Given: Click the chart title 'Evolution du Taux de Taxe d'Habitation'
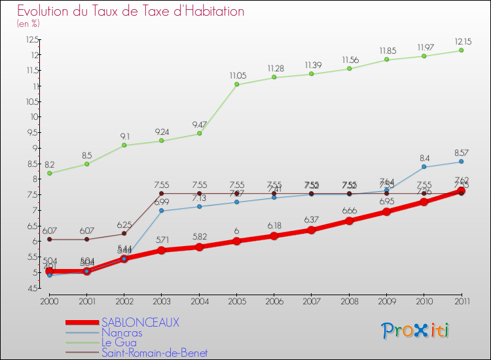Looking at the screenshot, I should point(131,11).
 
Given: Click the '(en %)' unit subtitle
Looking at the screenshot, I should point(28,24).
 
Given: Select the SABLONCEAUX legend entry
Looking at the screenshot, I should point(140,323).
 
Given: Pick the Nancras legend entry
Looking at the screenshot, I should point(122,333).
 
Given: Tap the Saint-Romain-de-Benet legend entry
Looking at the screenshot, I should point(155,353).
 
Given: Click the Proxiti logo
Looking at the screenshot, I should point(416,331).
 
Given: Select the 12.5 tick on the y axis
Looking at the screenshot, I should point(32,39).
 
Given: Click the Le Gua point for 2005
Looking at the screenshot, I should point(236,84).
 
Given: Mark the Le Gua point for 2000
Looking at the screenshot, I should point(49,173).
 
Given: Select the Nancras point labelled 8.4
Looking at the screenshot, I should point(424,167).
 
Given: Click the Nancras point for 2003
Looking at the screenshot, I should point(161,211).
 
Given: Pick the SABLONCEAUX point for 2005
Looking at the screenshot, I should point(236,242).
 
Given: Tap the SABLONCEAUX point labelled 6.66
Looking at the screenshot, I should point(349,221).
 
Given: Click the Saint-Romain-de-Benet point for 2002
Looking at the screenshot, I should point(124,234).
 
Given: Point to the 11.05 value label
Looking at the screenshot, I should point(236,76).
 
